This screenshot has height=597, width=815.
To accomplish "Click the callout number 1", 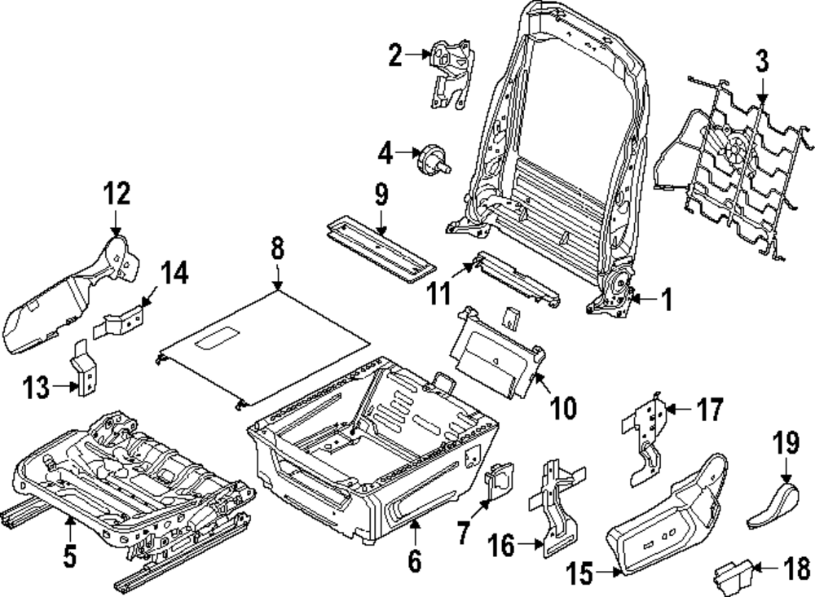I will [665, 301].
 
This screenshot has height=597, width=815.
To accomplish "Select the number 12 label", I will [116, 194].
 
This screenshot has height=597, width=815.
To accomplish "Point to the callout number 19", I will [785, 444].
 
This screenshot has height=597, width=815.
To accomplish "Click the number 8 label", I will [277, 248].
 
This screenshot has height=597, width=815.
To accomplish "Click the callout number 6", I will [414, 560].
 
